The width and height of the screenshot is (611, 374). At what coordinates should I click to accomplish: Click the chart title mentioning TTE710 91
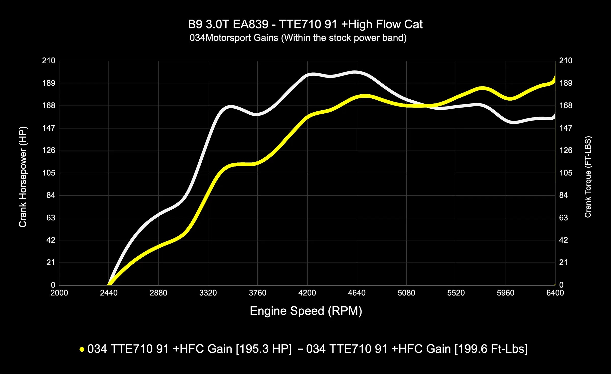tap(305, 24)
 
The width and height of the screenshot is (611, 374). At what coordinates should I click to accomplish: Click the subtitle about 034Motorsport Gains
tap(298, 38)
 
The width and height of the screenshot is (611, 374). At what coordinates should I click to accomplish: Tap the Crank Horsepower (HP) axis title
tap(23, 177)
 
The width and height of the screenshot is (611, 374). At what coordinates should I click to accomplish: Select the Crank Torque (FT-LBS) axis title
tap(588, 177)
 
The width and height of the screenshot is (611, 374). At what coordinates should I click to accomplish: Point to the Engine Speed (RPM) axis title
tap(306, 311)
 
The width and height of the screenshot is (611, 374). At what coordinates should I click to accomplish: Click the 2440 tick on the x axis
tap(109, 293)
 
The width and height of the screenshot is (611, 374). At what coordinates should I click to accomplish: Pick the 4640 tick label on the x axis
tap(357, 293)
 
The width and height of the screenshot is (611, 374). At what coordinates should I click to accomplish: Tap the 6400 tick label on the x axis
tap(555, 293)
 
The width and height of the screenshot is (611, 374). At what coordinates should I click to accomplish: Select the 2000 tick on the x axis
tap(59, 293)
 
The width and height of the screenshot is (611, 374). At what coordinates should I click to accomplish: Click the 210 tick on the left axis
tap(49, 61)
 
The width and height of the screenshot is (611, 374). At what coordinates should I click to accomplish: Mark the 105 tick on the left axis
tap(49, 173)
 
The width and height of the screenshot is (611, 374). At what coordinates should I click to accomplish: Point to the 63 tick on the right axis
tap(563, 218)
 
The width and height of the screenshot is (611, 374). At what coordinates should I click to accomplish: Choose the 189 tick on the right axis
tap(565, 83)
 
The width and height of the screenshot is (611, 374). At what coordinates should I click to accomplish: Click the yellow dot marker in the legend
tap(82, 349)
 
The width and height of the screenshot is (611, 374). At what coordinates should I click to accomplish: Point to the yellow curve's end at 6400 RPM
tap(555, 78)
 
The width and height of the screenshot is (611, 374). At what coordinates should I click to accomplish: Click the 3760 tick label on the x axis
tap(258, 293)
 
